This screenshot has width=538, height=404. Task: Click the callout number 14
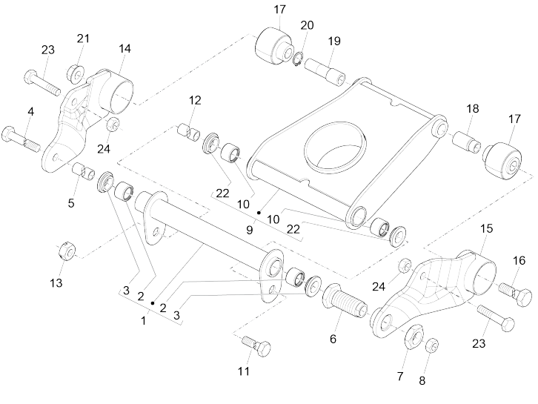(x=124, y=49)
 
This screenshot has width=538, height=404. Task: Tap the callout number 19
(x=334, y=42)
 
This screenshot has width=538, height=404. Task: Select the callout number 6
(x=333, y=339)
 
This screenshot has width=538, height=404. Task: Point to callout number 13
(x=56, y=283)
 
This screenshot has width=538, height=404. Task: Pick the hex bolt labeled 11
(x=256, y=345)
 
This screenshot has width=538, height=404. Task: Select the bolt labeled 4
(x=21, y=139)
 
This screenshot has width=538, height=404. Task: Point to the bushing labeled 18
(x=467, y=142)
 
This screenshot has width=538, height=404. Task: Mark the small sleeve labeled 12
(x=189, y=133)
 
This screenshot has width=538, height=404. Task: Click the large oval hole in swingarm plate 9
(x=336, y=146)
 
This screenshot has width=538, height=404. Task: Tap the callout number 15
(x=486, y=228)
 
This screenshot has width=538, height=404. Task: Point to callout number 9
(x=250, y=230)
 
